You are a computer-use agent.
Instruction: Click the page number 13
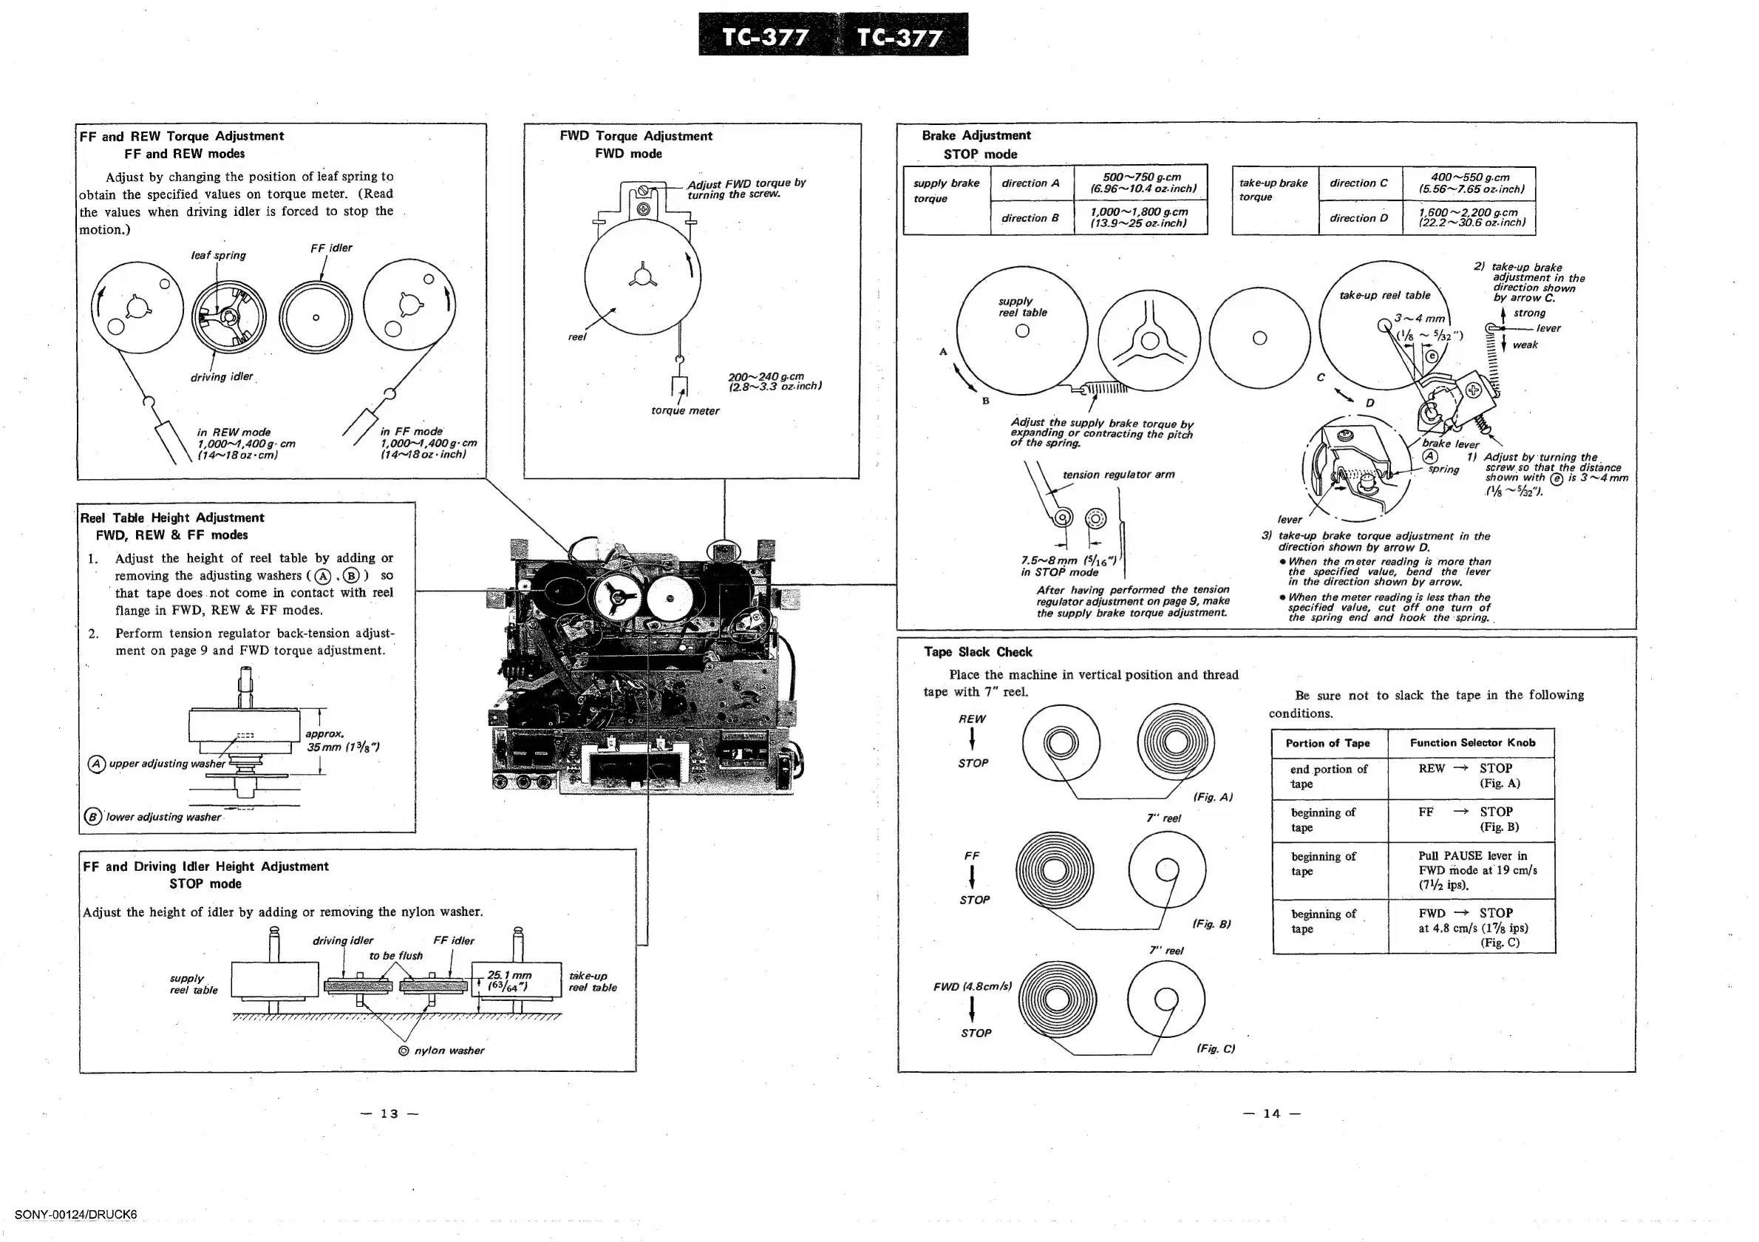pyautogui.click(x=389, y=1113)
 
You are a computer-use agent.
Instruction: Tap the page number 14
pyautogui.click(x=1272, y=1113)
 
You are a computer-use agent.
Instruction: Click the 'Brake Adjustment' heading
pyautogui.click(x=976, y=135)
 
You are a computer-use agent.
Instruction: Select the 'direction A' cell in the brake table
pyautogui.click(x=1030, y=183)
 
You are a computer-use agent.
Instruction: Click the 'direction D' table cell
pyautogui.click(x=1358, y=217)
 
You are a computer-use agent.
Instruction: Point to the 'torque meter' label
pyautogui.click(x=685, y=411)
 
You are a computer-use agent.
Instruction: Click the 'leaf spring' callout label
pyautogui.click(x=218, y=255)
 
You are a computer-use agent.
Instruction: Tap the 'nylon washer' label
pyautogui.click(x=449, y=1051)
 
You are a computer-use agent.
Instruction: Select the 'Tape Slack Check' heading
pyautogui.click(x=978, y=652)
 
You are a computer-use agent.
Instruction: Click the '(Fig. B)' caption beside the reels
pyautogui.click(x=1211, y=924)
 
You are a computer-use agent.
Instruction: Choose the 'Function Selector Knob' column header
pyautogui.click(x=1471, y=742)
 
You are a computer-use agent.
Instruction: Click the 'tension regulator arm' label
pyautogui.click(x=1117, y=475)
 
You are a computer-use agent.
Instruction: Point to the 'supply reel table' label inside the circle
pyautogui.click(x=1022, y=307)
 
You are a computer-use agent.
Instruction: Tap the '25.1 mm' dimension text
pyautogui.click(x=508, y=975)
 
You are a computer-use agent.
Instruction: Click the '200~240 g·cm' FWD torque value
pyautogui.click(x=766, y=377)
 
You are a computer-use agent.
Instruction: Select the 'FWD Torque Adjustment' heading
pyautogui.click(x=636, y=135)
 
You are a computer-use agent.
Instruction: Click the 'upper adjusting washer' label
pyautogui.click(x=167, y=764)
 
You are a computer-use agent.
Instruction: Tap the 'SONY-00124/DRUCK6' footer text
pyautogui.click(x=76, y=1215)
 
